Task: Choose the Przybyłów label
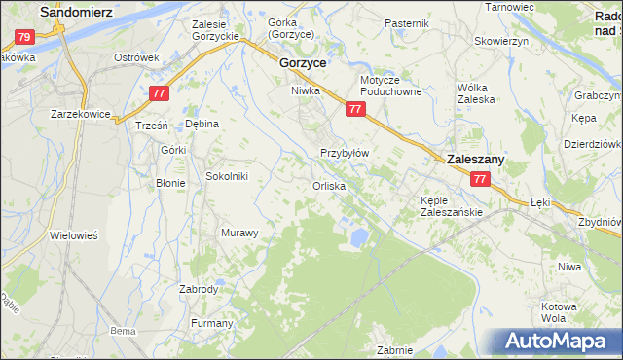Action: (344, 153)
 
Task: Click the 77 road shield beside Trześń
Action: (162, 93)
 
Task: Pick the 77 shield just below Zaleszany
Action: (479, 180)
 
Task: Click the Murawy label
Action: (239, 233)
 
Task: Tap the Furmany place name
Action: (212, 323)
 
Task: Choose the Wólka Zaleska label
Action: (477, 92)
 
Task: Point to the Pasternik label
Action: (406, 22)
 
